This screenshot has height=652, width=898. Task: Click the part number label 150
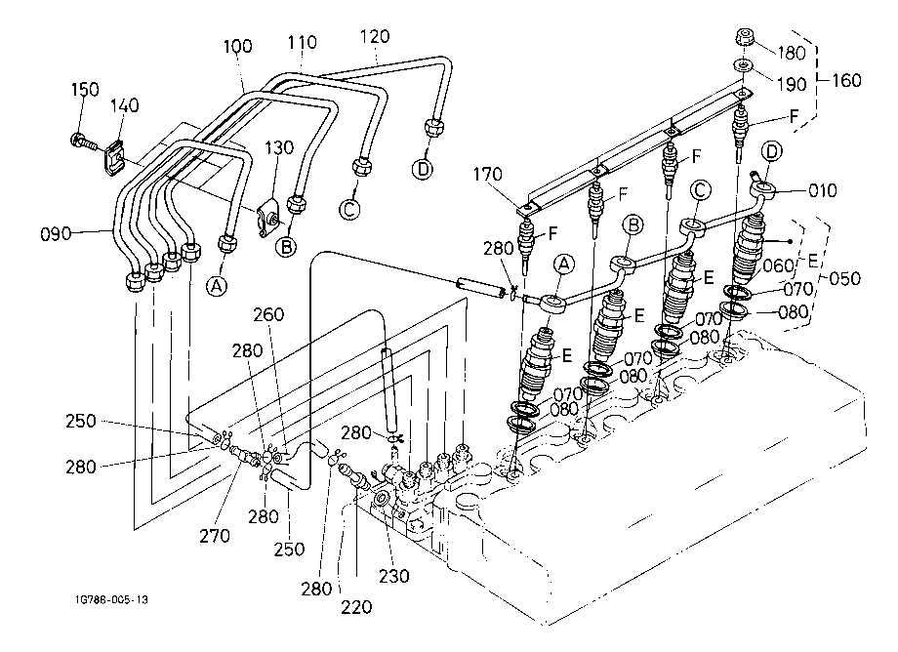85,89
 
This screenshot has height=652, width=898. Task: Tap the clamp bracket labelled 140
116,156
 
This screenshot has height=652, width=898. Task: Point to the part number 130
279,147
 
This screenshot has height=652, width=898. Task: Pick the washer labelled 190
742,65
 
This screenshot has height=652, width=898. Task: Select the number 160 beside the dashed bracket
846,80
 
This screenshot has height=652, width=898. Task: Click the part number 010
823,190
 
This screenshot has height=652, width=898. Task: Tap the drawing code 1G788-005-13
111,599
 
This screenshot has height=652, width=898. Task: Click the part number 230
394,576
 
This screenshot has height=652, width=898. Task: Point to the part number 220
356,607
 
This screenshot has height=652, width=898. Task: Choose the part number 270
215,536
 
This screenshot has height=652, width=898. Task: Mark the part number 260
268,314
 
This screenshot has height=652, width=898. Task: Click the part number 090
56,234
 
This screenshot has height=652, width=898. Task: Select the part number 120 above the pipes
375,37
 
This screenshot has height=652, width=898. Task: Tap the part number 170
487,174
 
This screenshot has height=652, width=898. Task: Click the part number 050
844,279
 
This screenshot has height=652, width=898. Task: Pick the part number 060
779,265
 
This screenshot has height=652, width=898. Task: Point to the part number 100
237,46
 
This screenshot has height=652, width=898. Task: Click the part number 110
302,42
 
